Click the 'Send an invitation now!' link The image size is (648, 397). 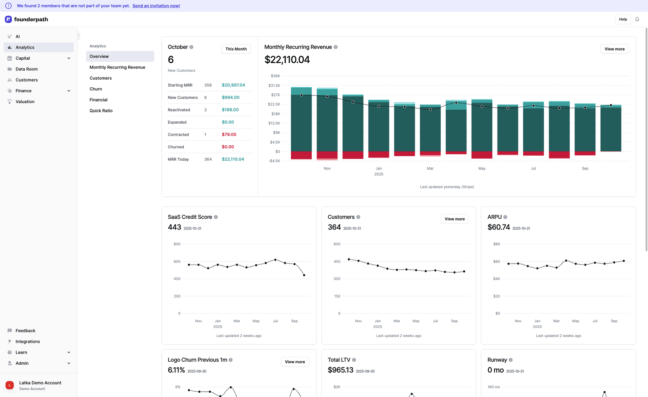[x=156, y=6]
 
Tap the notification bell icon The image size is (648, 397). [x=637, y=19]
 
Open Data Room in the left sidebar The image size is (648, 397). [x=26, y=69]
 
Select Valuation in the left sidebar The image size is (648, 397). [x=25, y=101]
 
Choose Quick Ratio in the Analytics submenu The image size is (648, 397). [x=101, y=111]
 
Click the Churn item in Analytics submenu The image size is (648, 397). [x=96, y=89]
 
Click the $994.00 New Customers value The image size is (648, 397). [x=231, y=97]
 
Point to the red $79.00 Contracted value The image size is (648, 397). [x=229, y=134]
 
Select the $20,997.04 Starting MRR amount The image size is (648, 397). [x=233, y=85]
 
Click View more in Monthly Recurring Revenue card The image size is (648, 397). [x=614, y=49]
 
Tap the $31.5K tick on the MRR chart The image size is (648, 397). [x=274, y=86]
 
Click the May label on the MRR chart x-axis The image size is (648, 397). [x=482, y=169]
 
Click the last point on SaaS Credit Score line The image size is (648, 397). [x=304, y=275]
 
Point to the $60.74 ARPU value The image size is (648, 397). [x=498, y=227]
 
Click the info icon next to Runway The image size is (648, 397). [x=511, y=360]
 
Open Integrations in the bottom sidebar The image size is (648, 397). [x=27, y=341]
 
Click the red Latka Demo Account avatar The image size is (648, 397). [x=10, y=385]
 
